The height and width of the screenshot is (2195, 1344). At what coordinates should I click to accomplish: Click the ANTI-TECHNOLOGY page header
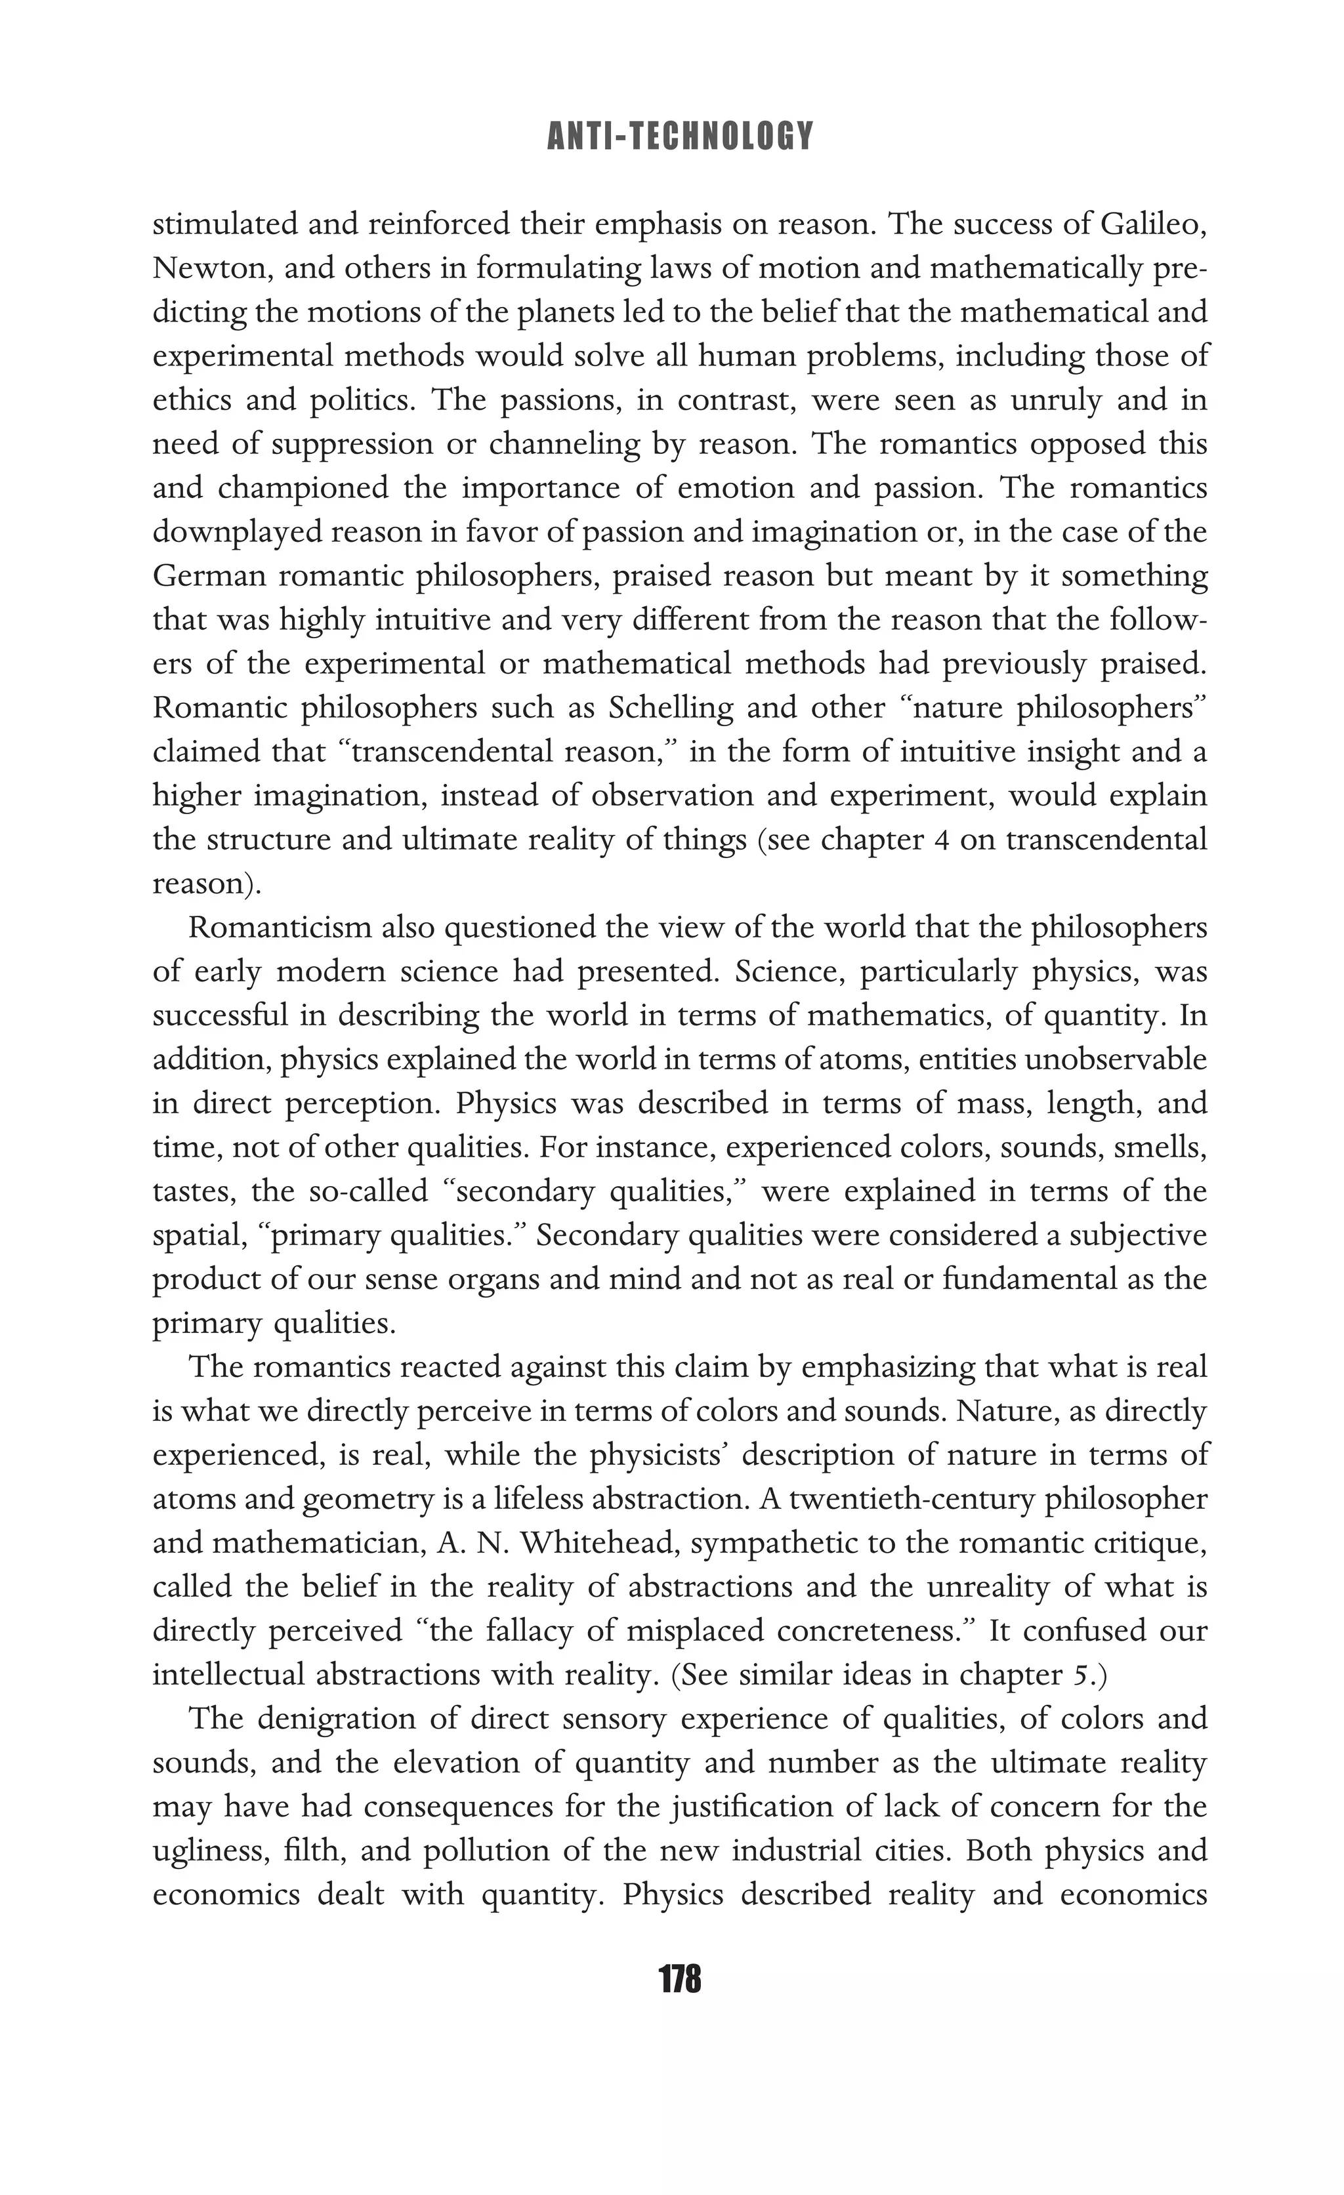[680, 136]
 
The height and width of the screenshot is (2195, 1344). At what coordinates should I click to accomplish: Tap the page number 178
[680, 1979]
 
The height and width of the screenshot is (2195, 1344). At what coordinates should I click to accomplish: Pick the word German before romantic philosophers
[209, 575]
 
